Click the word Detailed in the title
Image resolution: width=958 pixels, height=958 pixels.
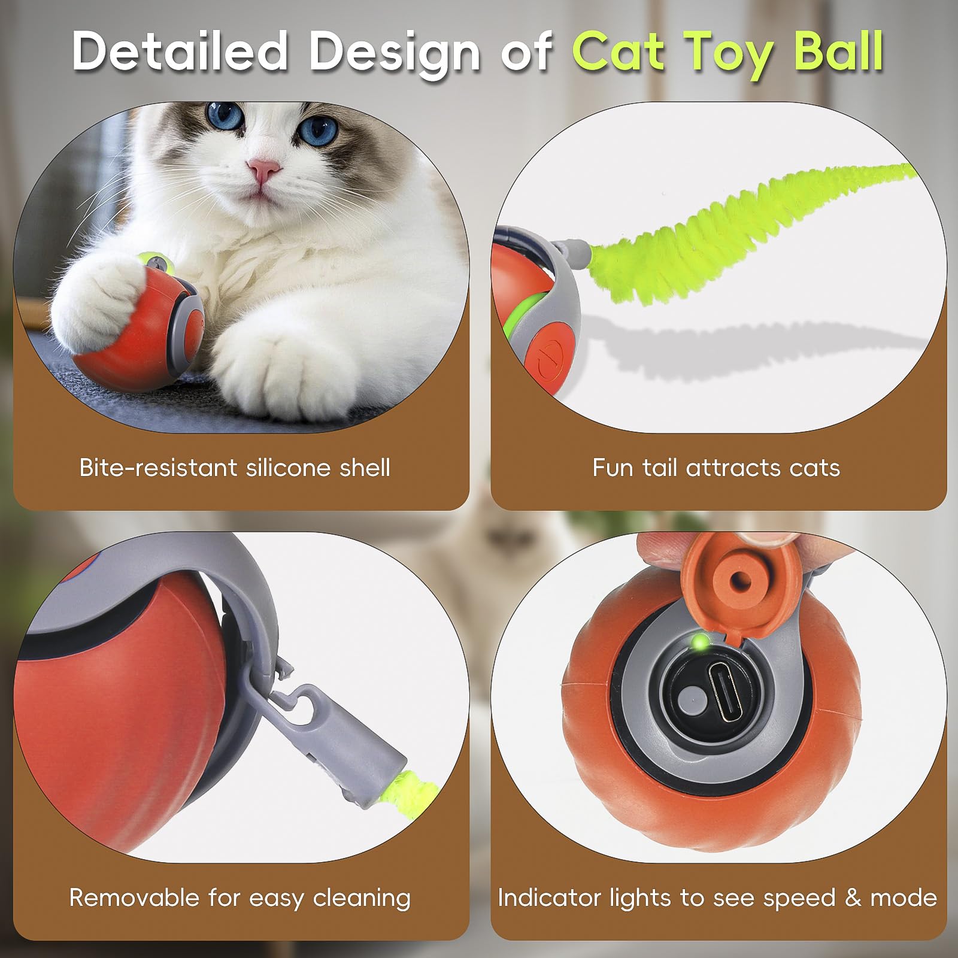pyautogui.click(x=180, y=53)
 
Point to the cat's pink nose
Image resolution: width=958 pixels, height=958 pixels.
pyautogui.click(x=264, y=170)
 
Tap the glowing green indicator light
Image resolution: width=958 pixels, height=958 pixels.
pyautogui.click(x=699, y=643)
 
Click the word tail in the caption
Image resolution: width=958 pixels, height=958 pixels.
pyautogui.click(x=661, y=468)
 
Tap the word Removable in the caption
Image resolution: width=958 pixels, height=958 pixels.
pyautogui.click(x=135, y=898)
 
